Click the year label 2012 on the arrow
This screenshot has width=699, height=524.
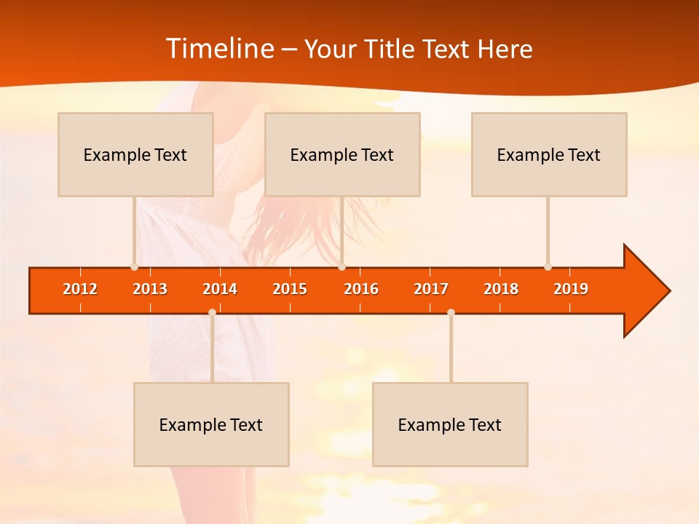80,289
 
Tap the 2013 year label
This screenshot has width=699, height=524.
150,289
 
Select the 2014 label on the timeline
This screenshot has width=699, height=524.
220,289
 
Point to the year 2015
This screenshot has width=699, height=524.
290,289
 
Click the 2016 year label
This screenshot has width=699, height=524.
361,289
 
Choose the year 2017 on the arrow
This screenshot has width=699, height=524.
431,289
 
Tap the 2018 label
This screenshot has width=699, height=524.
501,289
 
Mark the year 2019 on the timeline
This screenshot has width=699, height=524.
571,289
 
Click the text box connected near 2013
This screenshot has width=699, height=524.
135,154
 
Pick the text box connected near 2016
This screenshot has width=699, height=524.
342,154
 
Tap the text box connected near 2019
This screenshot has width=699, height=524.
549,154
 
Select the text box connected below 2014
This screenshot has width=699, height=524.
211,424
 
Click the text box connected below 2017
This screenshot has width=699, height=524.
450,424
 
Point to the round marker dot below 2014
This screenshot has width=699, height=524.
212,312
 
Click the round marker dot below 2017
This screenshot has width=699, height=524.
451,312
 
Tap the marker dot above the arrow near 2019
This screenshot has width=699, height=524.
548,266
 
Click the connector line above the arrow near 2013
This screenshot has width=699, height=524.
134,229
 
